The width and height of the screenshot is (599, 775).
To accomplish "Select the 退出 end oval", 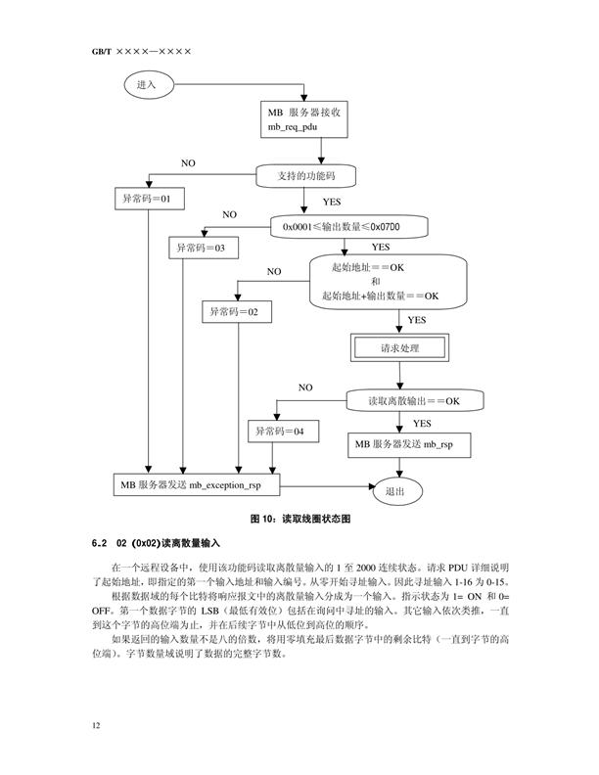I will pos(395,490).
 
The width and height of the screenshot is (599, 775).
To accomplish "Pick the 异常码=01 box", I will pos(147,200).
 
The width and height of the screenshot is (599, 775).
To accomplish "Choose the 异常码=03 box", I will pos(201,249).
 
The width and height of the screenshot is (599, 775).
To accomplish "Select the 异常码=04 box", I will pos(280,432).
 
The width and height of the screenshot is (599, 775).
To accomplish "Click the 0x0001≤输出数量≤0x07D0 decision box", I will pos(342,227).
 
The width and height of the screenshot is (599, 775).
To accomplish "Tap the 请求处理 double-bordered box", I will pos(398,348).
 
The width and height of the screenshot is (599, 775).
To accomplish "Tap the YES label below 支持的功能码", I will pos(332,203).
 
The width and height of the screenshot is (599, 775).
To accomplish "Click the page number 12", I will pos(95,726).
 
